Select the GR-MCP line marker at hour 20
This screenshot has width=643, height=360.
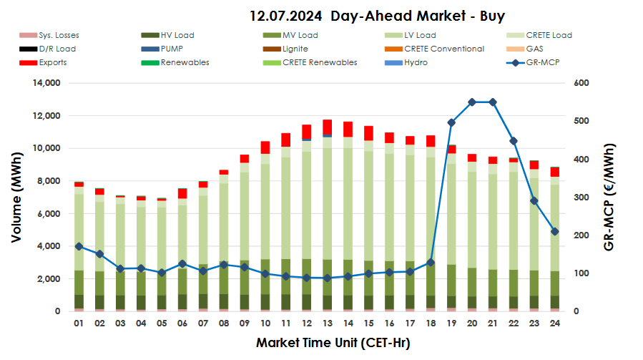coord(472,102)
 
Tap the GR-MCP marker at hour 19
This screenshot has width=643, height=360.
coord(451,122)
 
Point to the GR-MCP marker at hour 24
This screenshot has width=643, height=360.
coord(554,231)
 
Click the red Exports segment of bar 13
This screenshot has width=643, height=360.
coord(327,127)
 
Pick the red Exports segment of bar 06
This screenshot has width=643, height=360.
coord(183,193)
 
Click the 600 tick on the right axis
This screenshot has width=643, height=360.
coord(580,83)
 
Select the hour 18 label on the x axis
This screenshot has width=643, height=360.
coord(431,323)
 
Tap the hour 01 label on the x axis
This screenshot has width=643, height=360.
coord(79,323)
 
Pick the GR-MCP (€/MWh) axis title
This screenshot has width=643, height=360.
coord(609,197)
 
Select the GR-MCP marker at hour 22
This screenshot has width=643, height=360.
coord(513,141)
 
